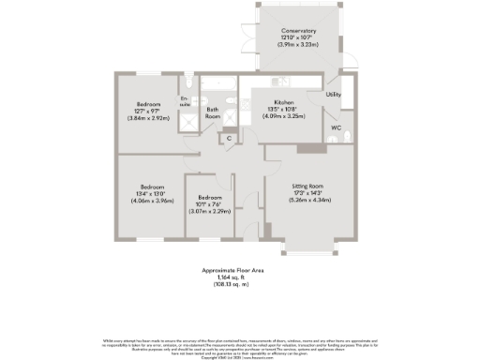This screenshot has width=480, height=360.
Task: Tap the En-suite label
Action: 186,101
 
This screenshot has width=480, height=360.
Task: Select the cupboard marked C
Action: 228,140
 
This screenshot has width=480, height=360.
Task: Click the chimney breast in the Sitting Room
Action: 307,148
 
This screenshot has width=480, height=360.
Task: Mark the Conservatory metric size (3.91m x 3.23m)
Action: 296,44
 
